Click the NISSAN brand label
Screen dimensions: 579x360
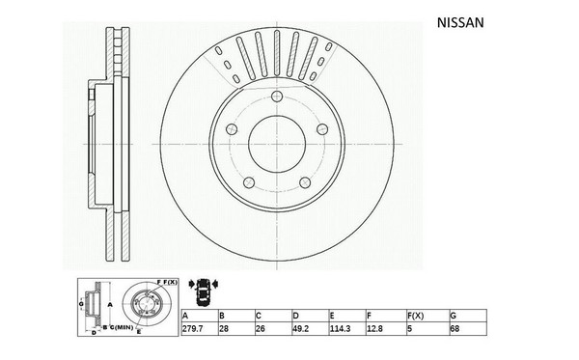pyautogui.click(x=460, y=23)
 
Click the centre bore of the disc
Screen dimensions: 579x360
pyautogui.click(x=277, y=144)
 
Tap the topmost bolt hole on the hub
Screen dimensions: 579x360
pyautogui.click(x=277, y=97)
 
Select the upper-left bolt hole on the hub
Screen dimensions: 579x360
pyautogui.click(x=232, y=129)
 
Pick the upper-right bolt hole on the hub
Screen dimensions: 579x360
pyautogui.click(x=322, y=129)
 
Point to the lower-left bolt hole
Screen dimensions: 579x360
pyautogui.click(x=249, y=182)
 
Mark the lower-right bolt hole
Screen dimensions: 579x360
pyautogui.click(x=305, y=182)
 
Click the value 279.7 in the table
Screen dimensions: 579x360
pyautogui.click(x=192, y=328)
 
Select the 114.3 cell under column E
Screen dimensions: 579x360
pyautogui.click(x=340, y=328)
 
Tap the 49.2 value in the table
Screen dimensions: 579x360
pyautogui.click(x=300, y=328)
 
